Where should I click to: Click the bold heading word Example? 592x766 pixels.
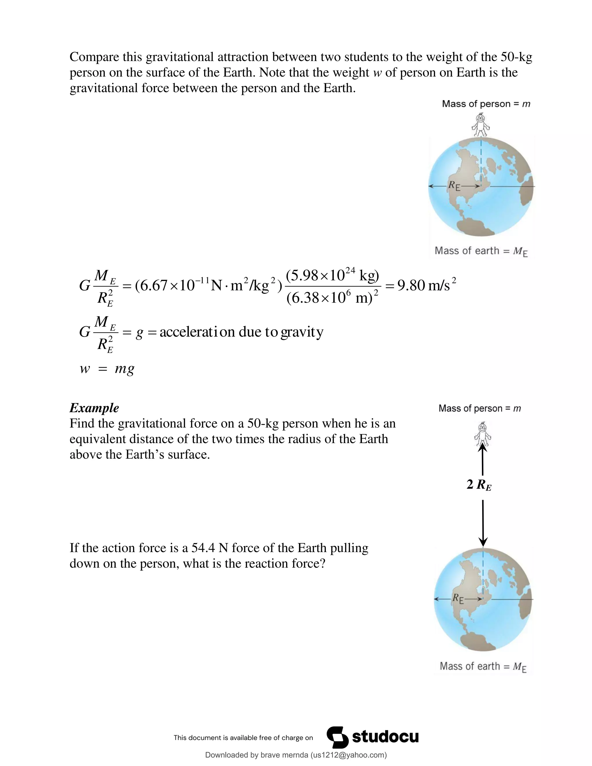(x=94, y=408)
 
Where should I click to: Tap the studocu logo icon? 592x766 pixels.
(x=337, y=737)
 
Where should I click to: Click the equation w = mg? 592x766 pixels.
(x=107, y=369)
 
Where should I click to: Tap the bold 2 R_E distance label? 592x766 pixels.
(x=479, y=485)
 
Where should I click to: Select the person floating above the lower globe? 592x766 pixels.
(x=482, y=435)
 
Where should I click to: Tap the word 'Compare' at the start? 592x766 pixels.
(x=94, y=57)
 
